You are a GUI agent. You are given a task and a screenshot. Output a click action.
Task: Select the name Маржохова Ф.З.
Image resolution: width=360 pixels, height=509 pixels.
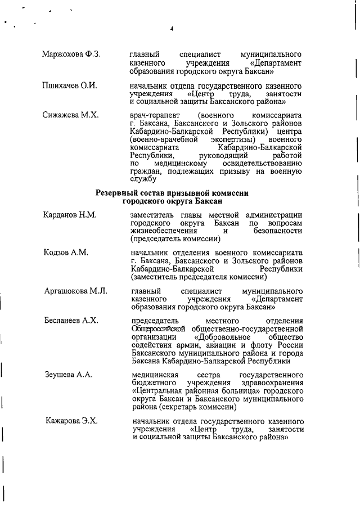(71, 54)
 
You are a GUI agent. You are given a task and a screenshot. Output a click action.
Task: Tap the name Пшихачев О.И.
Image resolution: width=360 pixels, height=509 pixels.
(70, 85)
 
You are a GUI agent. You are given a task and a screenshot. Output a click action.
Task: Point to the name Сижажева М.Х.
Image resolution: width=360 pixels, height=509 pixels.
(70, 115)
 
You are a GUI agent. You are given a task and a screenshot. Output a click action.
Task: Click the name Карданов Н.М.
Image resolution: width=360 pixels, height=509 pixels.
(70, 215)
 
